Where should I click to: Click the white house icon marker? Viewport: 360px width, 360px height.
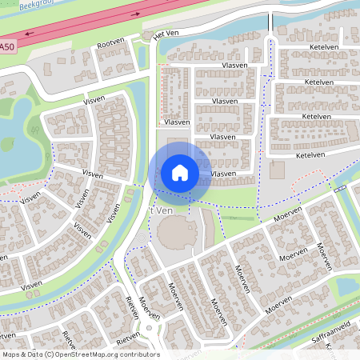coord(179,173)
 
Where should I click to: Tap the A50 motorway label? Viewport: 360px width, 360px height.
coord(7,47)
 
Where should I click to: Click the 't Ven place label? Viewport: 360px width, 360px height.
coord(162,210)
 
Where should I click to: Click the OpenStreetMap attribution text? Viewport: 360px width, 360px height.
coord(80,354)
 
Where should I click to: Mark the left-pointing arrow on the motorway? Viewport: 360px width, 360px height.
coord(30,34)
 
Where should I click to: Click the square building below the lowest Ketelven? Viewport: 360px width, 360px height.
coord(277,170)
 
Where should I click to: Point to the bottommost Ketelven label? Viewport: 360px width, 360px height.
coord(309,155)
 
